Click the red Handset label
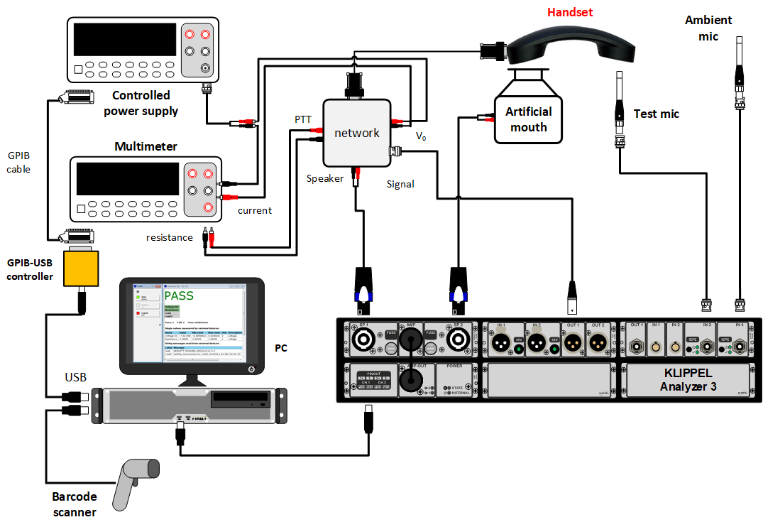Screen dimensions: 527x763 569,12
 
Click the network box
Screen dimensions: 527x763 356,132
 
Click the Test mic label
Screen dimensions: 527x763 656,114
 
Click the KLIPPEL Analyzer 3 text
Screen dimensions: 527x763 688,380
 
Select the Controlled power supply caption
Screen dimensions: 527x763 141,103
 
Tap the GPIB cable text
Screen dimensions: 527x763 18,162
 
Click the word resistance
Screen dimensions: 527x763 169,237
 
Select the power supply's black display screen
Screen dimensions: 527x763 124,42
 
